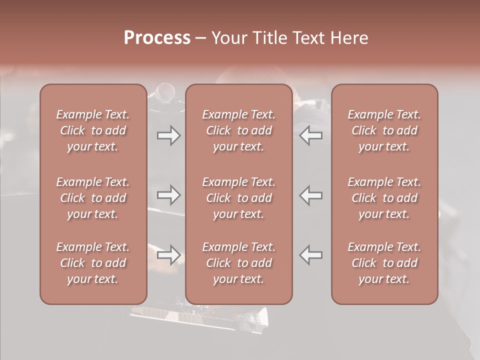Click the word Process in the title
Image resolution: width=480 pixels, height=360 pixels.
click(x=157, y=38)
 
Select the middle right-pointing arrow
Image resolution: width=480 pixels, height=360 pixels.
click(x=169, y=195)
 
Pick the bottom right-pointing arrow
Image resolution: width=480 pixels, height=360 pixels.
click(x=169, y=255)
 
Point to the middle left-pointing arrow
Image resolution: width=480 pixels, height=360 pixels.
click(x=311, y=195)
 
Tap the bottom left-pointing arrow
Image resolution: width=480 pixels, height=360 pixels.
click(x=311, y=255)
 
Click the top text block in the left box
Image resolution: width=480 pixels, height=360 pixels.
click(x=93, y=130)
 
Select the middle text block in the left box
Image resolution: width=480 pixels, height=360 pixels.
click(x=93, y=198)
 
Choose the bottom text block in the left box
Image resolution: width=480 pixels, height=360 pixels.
click(x=93, y=263)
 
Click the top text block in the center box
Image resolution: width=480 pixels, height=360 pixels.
click(x=238, y=130)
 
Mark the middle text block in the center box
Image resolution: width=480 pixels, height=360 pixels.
click(x=238, y=198)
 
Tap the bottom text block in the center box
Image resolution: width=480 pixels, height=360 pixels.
click(x=238, y=263)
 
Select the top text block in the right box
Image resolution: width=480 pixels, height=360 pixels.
click(x=384, y=130)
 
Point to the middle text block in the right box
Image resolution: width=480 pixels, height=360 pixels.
click(x=384, y=198)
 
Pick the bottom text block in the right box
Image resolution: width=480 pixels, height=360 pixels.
click(x=384, y=263)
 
